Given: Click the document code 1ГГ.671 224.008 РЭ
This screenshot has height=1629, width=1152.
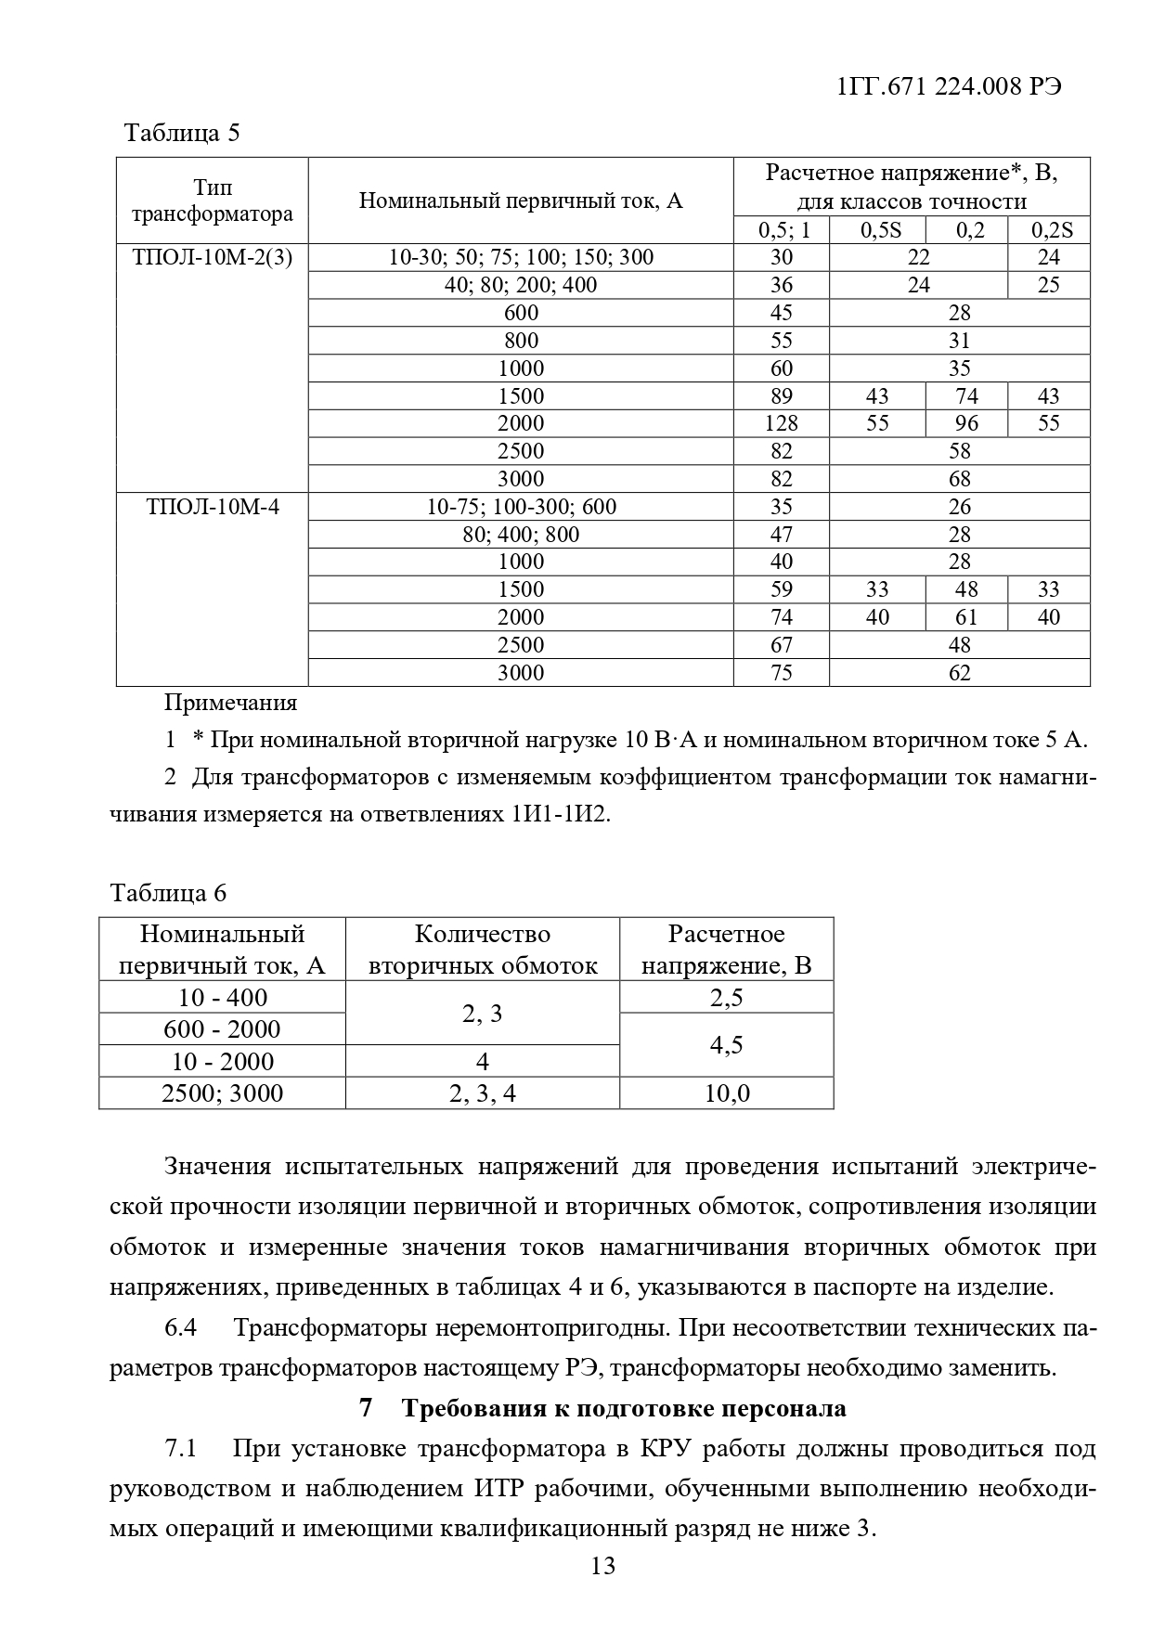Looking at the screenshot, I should (x=949, y=86).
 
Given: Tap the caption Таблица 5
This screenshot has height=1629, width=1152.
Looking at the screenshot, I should (x=182, y=133).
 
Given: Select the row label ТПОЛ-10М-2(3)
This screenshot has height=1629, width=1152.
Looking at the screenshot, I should (x=213, y=258).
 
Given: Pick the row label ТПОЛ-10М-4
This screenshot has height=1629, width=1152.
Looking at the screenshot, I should (x=213, y=507).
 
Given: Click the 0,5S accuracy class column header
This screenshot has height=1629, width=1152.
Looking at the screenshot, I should (x=876, y=230).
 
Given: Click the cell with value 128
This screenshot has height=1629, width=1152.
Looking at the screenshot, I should (x=782, y=423).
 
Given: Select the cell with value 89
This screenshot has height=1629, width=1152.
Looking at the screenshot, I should (x=782, y=396).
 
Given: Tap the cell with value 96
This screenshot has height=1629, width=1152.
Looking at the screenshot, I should (x=966, y=423).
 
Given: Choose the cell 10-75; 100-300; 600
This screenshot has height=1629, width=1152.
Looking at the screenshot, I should (x=521, y=507).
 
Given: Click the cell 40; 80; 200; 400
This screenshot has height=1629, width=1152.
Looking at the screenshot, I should (x=521, y=285).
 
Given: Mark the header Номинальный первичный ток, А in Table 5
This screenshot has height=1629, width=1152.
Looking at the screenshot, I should (x=521, y=200).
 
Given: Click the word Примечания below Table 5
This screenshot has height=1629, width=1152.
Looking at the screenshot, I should (x=230, y=703).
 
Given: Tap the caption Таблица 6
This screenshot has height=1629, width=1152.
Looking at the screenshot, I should (x=168, y=893).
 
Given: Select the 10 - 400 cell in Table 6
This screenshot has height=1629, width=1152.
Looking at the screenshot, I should (x=223, y=998).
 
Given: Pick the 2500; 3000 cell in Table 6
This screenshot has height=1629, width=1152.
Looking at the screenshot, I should (x=223, y=1093).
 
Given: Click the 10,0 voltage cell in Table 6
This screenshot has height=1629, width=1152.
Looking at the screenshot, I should (x=727, y=1093).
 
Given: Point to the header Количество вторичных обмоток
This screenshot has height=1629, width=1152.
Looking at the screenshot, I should (x=483, y=950).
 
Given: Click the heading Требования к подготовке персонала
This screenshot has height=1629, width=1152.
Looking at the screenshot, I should (x=624, y=1408).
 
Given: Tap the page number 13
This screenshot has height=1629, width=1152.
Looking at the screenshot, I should (x=602, y=1567).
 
